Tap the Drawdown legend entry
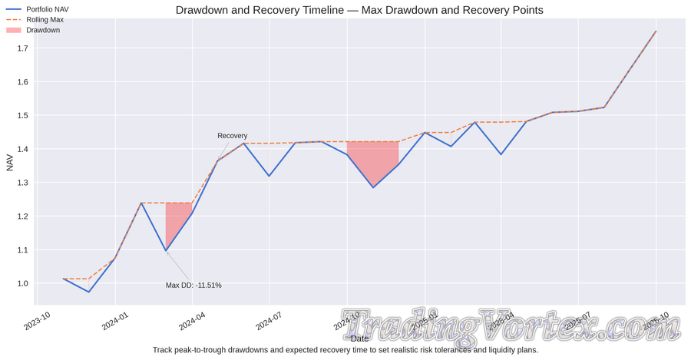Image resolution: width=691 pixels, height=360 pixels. (x=43, y=30)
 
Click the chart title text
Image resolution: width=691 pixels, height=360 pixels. (x=359, y=10)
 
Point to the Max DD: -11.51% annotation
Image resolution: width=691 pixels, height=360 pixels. (x=193, y=286)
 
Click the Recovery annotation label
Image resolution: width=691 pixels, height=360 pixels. (x=232, y=136)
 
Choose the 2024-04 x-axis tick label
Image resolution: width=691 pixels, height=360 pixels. (x=193, y=319)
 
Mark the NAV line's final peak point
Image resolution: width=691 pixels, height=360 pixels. (x=656, y=31)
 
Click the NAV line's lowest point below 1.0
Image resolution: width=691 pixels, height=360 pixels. (x=89, y=292)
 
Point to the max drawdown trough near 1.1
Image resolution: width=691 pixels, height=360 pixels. (x=166, y=250)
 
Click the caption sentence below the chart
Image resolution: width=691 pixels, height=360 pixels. (x=345, y=350)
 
